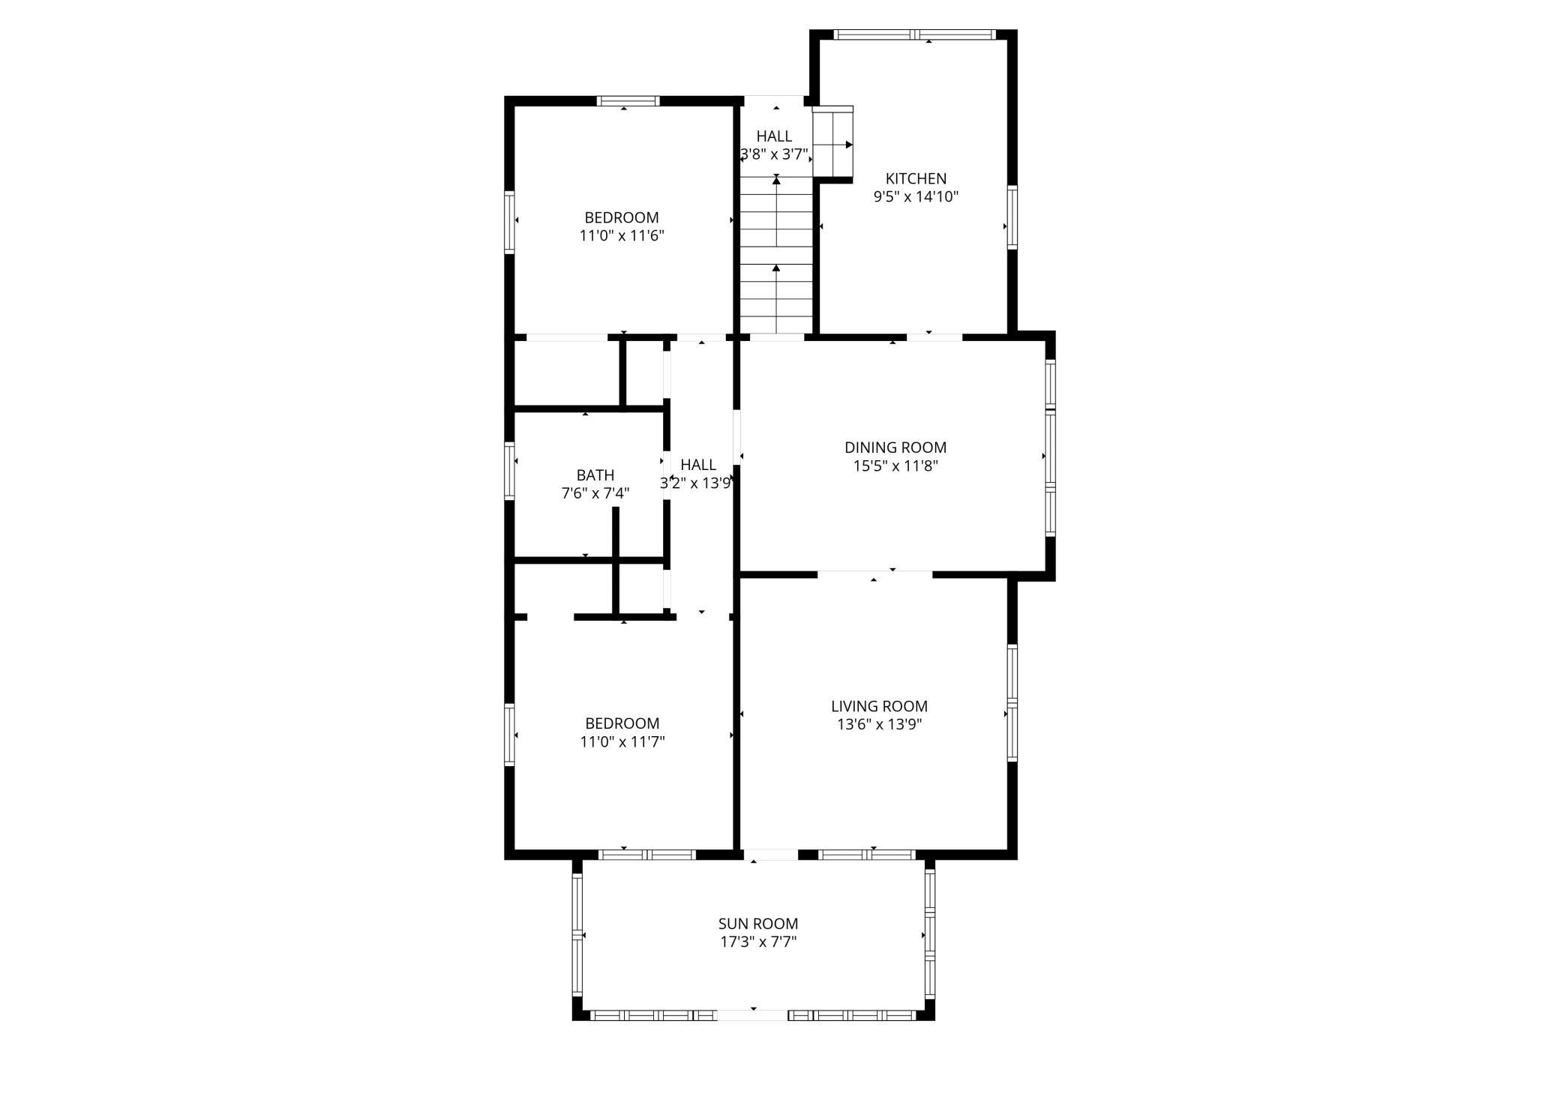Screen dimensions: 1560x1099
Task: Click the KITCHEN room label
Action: click(916, 178)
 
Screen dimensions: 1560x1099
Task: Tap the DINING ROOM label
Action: click(895, 448)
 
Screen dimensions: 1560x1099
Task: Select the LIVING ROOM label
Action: click(879, 706)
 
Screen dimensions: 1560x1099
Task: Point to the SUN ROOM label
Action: click(758, 924)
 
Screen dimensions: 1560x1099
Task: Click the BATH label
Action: click(595, 475)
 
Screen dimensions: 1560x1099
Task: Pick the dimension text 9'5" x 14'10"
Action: click(916, 197)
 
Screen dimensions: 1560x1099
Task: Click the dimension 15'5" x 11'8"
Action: click(895, 466)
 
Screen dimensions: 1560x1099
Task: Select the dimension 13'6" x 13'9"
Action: click(879, 724)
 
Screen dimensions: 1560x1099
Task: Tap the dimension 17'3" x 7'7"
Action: click(758, 942)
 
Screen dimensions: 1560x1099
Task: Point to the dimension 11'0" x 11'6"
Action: click(622, 235)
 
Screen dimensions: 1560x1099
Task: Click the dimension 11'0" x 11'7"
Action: click(622, 742)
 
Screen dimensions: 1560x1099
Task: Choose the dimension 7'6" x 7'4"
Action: click(595, 493)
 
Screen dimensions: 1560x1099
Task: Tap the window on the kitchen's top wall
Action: click(915, 34)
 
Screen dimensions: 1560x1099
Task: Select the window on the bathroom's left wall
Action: click(509, 471)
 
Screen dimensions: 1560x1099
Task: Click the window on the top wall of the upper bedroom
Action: click(628, 101)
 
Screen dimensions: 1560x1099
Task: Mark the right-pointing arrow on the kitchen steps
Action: click(849, 145)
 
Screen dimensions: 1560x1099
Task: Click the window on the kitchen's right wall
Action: click(1012, 217)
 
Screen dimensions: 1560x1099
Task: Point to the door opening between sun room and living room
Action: click(770, 855)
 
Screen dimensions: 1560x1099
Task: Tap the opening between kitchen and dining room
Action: click(934, 337)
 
